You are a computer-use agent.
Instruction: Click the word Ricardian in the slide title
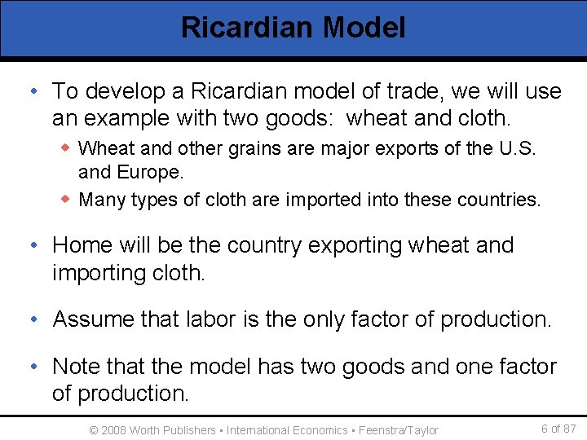(247, 28)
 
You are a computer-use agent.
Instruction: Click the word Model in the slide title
(364, 28)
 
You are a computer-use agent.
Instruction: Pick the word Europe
(150, 173)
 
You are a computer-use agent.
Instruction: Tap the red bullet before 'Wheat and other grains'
(68, 148)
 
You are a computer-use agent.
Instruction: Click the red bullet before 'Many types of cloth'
(68, 199)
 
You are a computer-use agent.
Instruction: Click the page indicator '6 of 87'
(558, 429)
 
